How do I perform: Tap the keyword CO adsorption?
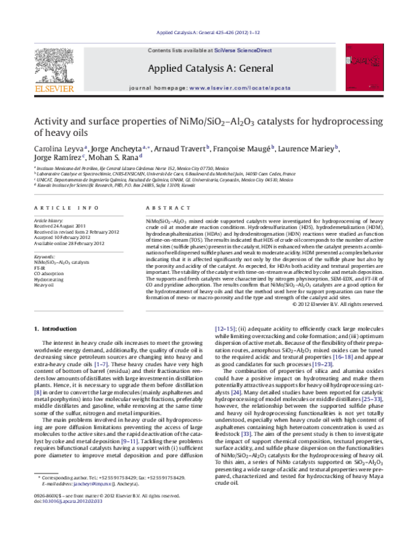[x=49, y=274]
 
